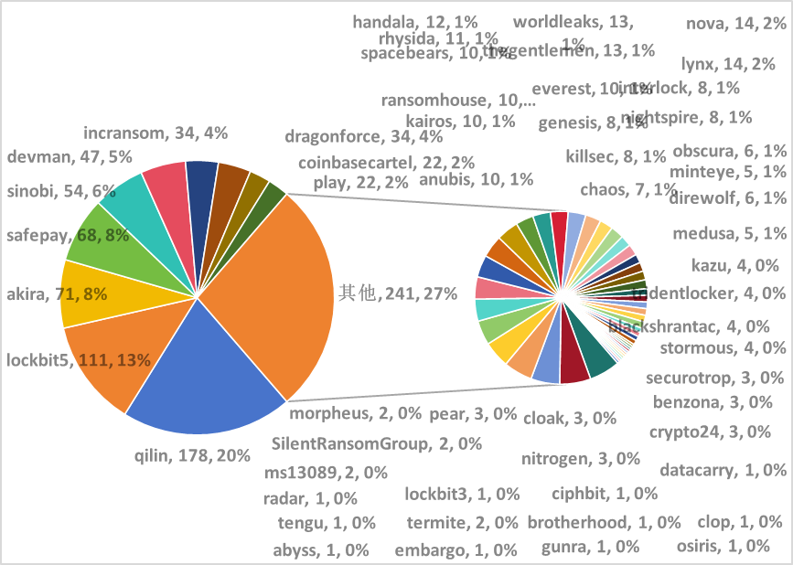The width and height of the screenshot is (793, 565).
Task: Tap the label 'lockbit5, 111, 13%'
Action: coord(79,359)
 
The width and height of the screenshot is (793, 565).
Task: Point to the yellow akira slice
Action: coord(87,293)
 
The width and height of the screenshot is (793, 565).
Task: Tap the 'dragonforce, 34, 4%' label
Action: coord(364,137)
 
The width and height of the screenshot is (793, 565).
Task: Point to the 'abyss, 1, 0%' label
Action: coord(321,549)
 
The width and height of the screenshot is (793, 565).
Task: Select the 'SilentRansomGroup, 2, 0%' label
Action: coord(377,444)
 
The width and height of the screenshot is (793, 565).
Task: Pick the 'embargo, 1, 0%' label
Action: coord(455,549)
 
